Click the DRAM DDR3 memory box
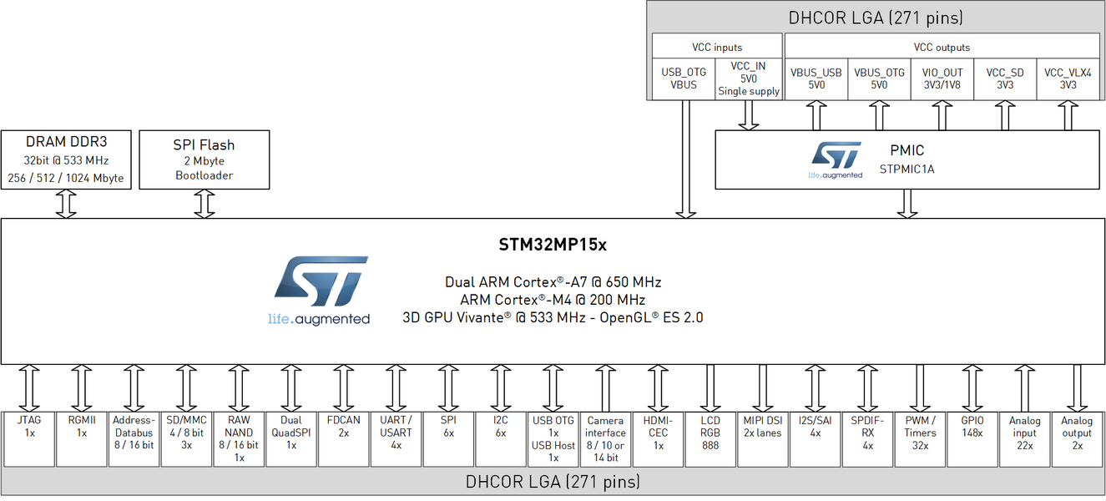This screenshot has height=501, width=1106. point(67,159)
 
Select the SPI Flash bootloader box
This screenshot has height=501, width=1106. point(205,159)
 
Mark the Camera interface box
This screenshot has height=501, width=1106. point(605,438)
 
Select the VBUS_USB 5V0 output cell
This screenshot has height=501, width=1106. point(816,79)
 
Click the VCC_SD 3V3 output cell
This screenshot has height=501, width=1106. point(1004,79)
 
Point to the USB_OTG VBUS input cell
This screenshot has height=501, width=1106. point(684,79)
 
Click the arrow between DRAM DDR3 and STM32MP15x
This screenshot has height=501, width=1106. point(66,204)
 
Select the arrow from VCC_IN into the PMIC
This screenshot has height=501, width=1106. point(749,114)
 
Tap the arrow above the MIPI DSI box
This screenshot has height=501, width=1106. point(762,387)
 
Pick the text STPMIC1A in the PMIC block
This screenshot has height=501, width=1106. point(907,169)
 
